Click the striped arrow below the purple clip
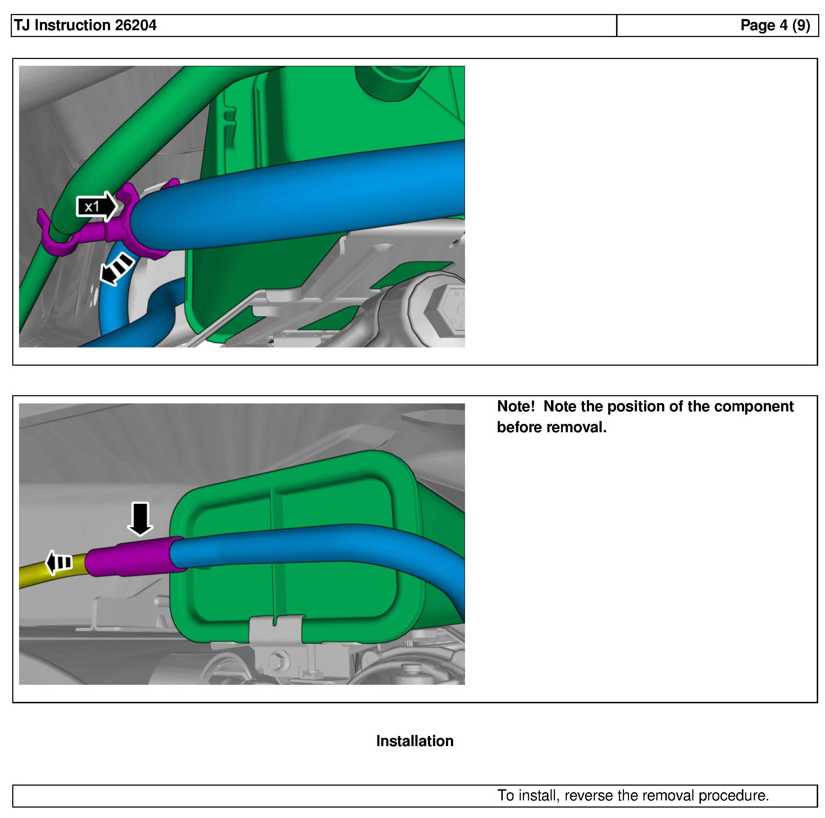(x=117, y=269)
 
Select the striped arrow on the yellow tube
(x=59, y=562)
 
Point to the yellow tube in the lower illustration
(x=51, y=568)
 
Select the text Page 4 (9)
(x=775, y=25)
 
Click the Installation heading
(x=415, y=741)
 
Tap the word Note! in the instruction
(x=516, y=406)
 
